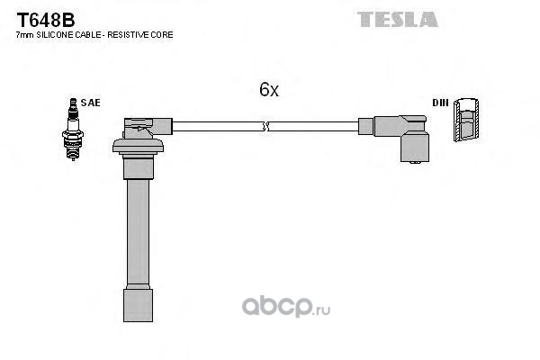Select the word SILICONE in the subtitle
tap(52, 34)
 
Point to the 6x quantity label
tap(268, 90)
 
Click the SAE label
tap(90, 103)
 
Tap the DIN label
tap(440, 103)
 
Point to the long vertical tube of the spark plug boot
tap(138, 234)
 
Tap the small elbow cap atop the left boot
tap(143, 125)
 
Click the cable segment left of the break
tap(216, 127)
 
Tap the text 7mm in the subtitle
tap(22, 34)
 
